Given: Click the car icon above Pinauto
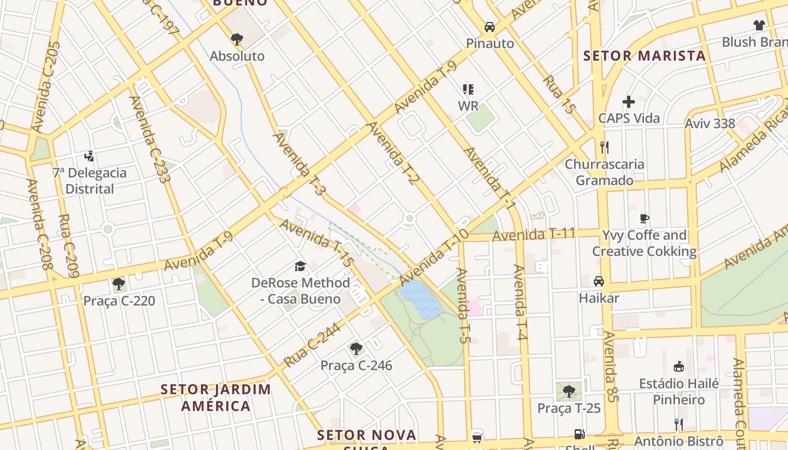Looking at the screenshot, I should [490, 27].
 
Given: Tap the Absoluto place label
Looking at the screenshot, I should [237, 56].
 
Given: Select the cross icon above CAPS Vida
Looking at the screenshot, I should [629, 102].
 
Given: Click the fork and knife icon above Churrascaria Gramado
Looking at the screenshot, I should [605, 147].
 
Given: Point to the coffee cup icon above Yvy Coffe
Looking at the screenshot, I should [644, 218].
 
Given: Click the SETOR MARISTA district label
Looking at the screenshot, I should [644, 56].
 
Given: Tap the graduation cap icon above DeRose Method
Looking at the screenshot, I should [301, 266].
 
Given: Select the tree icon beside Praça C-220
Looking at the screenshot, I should [118, 284].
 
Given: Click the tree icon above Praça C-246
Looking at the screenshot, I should [356, 349].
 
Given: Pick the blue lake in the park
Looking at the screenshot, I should [420, 299].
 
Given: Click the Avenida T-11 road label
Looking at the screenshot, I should [534, 235].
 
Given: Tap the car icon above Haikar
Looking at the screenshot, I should [599, 281].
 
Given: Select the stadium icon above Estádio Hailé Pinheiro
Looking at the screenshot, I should [679, 367].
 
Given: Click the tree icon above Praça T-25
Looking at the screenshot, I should [569, 391].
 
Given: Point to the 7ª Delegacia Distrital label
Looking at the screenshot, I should [89, 181].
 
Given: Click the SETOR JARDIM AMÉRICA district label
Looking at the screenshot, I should [216, 397].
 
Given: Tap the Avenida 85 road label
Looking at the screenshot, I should [611, 366].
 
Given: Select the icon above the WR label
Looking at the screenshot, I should [468, 89].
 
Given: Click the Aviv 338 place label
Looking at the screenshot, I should [710, 124].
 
